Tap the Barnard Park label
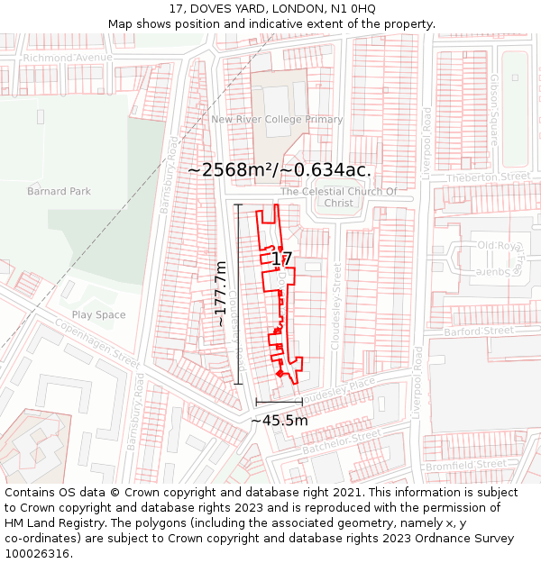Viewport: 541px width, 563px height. click(x=59, y=191)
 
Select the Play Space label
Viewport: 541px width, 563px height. click(x=98, y=314)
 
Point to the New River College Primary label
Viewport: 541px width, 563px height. click(x=277, y=119)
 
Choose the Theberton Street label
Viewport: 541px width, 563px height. click(x=491, y=177)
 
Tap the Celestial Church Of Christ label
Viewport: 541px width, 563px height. click(x=338, y=197)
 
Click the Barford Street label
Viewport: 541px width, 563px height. click(x=491, y=331)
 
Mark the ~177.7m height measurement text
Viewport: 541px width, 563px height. click(x=221, y=294)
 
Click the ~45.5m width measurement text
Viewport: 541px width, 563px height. click(x=279, y=420)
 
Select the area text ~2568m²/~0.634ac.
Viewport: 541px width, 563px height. click(x=280, y=169)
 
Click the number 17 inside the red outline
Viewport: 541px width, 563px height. click(x=281, y=259)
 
